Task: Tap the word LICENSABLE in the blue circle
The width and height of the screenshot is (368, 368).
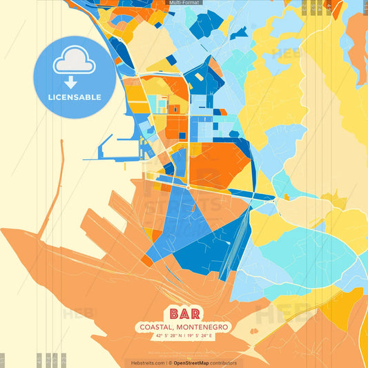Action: [75, 97]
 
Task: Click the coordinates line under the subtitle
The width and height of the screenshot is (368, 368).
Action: [183, 336]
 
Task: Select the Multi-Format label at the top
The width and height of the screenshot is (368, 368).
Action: [184, 3]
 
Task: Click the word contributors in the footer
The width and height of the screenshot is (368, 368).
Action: [224, 362]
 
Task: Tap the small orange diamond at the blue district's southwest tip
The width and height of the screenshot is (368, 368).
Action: [147, 262]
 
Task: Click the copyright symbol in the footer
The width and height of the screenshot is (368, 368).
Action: [170, 362]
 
